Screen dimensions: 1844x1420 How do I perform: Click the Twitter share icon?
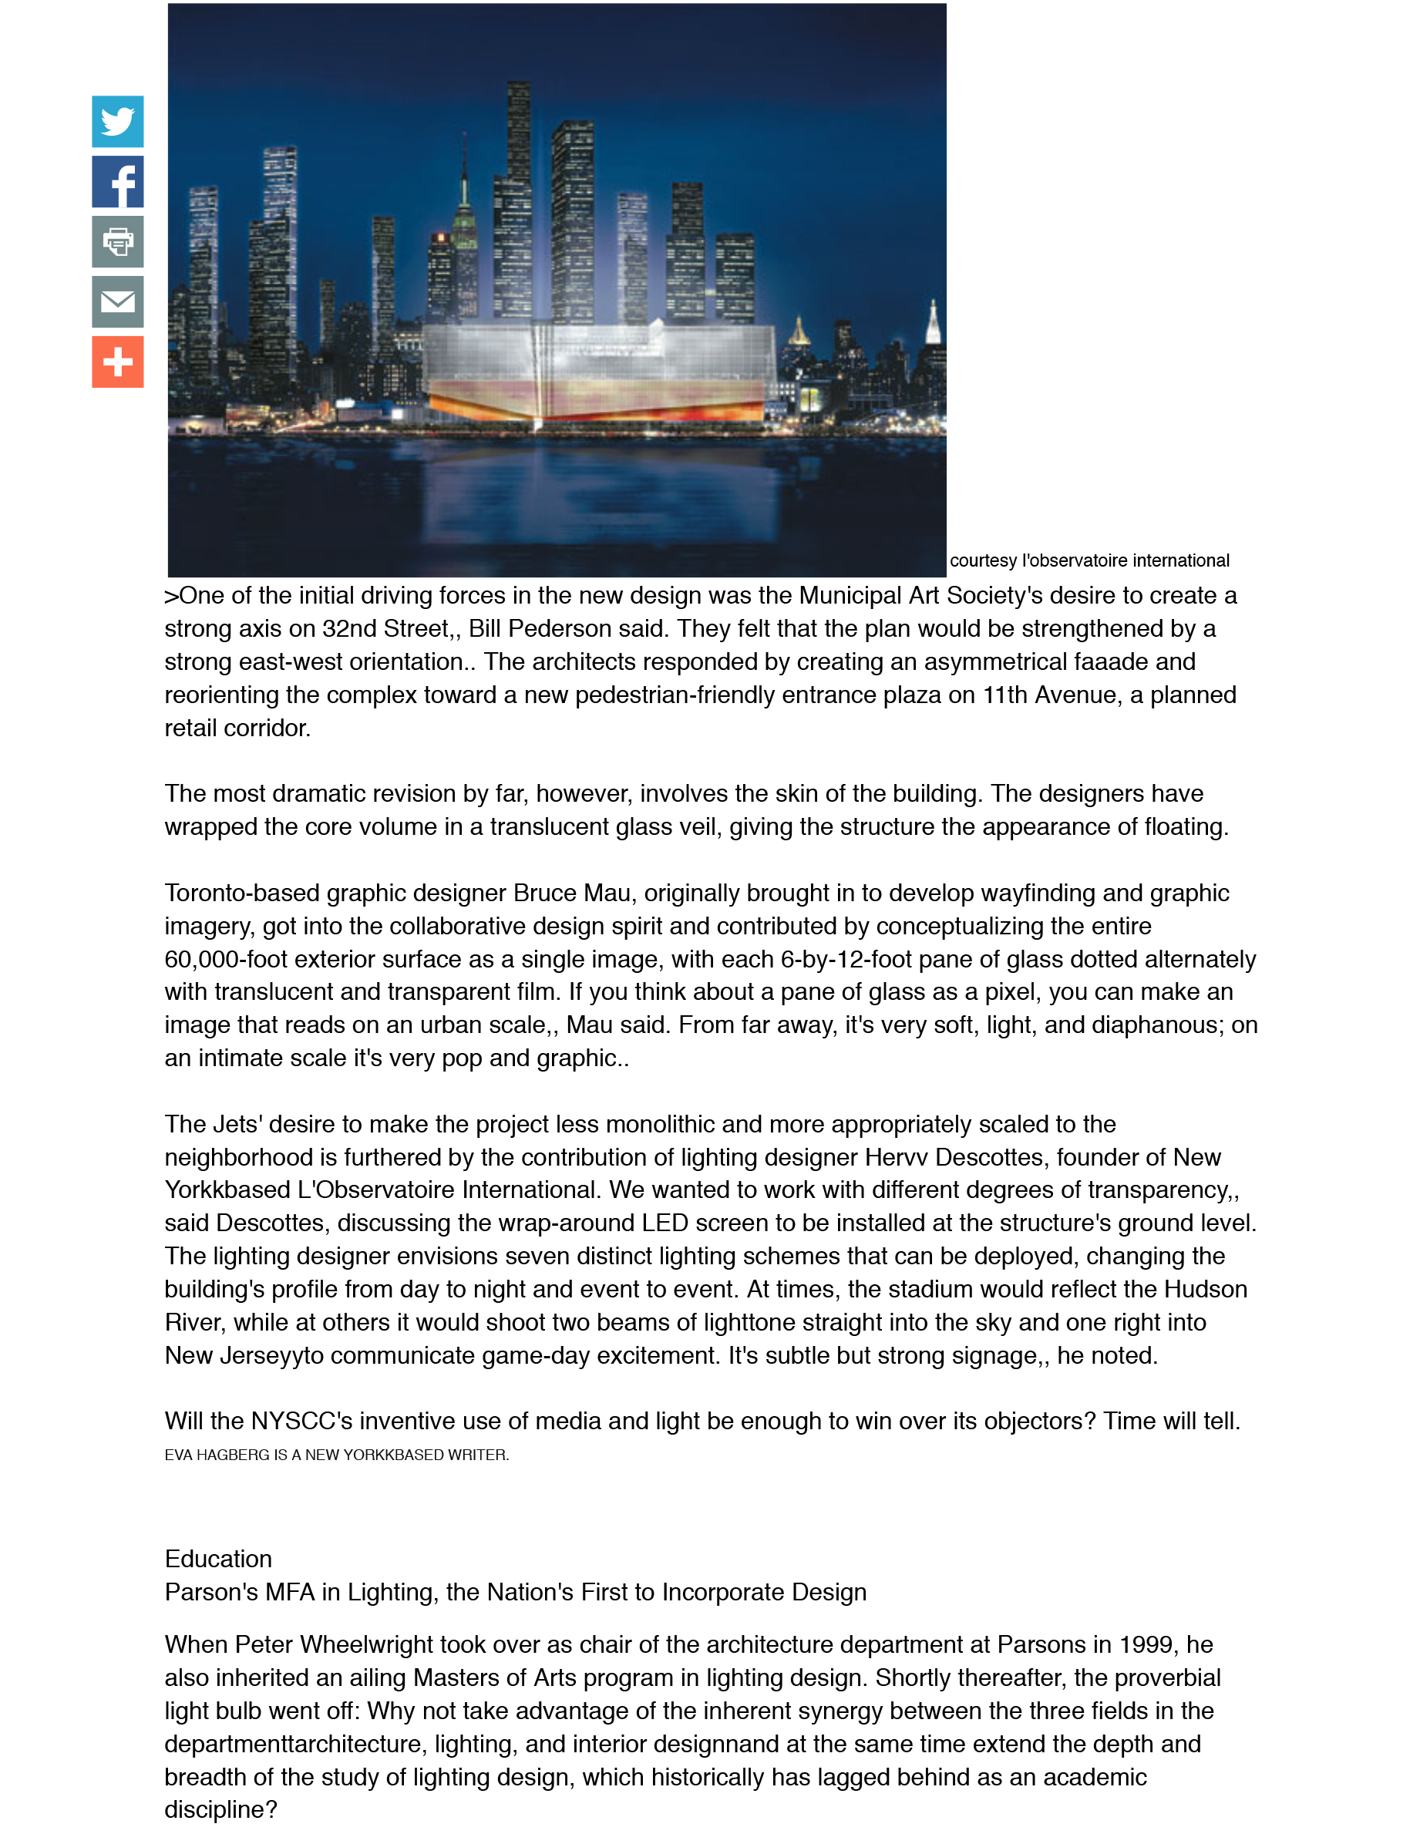[x=117, y=122]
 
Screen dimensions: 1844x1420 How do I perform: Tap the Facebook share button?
[x=117, y=181]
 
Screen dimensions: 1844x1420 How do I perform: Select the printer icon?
[x=117, y=242]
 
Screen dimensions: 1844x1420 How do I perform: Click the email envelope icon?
[x=117, y=301]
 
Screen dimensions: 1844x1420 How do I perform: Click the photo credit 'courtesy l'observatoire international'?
[x=1089, y=560]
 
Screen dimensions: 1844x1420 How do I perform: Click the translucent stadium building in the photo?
[x=597, y=372]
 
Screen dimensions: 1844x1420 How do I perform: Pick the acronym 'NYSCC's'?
[x=301, y=1421]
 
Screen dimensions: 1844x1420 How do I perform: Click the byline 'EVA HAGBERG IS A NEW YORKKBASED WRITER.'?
[x=336, y=1455]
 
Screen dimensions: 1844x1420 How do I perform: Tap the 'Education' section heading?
[x=218, y=1559]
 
